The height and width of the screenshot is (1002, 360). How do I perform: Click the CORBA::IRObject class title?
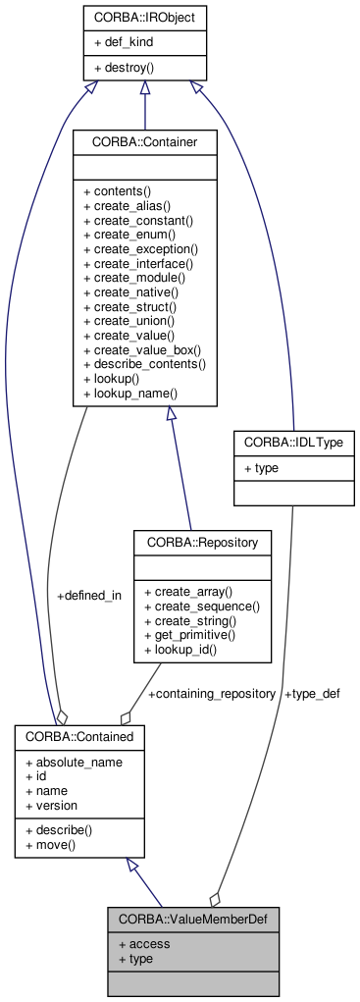(144, 18)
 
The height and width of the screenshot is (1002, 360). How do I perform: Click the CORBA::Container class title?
(144, 142)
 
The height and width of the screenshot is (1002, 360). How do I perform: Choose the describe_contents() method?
(144, 363)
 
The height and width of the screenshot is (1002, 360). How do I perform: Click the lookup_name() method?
(129, 393)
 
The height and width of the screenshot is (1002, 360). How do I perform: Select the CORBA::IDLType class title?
(293, 444)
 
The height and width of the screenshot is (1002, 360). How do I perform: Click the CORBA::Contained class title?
(80, 735)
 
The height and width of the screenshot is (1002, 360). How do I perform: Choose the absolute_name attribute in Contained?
(74, 761)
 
